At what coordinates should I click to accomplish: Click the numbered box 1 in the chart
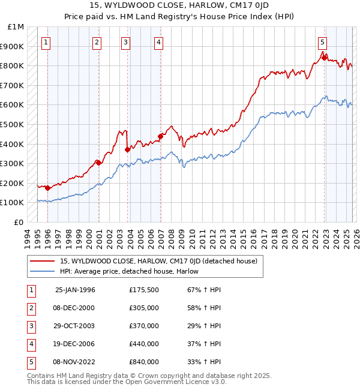tap(47, 42)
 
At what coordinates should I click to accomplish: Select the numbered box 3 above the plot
tap(125, 42)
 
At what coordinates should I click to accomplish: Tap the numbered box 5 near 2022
tap(323, 42)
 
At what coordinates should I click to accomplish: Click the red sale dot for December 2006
tap(160, 136)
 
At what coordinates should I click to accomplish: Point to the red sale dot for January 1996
tap(47, 188)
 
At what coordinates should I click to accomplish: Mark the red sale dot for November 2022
tap(324, 58)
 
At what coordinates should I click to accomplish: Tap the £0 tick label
tap(19, 222)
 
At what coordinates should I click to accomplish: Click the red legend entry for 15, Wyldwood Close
tap(158, 261)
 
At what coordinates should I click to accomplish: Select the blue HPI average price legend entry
tap(129, 272)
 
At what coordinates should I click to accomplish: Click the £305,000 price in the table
tap(144, 308)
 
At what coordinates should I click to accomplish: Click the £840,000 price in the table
tap(144, 362)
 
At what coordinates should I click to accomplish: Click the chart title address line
tap(180, 5)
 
